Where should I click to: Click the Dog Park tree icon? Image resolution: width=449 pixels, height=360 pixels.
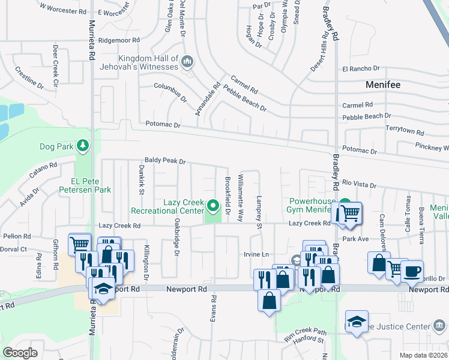pyautogui.click(x=82, y=145)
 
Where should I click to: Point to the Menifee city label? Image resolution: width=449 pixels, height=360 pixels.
pyautogui.click(x=383, y=85)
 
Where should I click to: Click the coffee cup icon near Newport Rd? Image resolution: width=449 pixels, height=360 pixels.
pyautogui.click(x=412, y=270)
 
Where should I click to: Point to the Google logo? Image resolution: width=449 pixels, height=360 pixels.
pyautogui.click(x=20, y=353)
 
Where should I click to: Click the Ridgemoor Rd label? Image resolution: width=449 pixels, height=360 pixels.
pyautogui.click(x=119, y=40)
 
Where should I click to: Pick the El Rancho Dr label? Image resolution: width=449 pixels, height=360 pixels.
pyautogui.click(x=361, y=69)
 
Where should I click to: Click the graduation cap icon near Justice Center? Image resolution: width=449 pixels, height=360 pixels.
pyautogui.click(x=357, y=321)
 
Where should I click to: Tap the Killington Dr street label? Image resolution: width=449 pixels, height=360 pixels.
pyautogui.click(x=145, y=263)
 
